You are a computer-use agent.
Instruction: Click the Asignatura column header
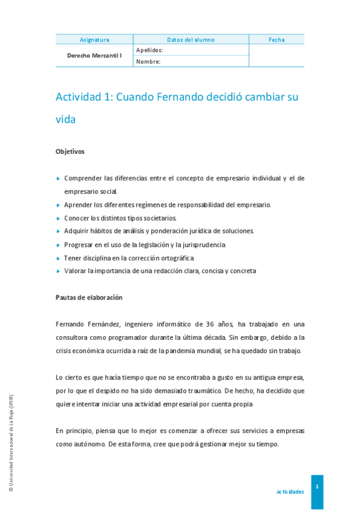click(94, 40)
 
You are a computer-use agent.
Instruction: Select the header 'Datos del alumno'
click(191, 40)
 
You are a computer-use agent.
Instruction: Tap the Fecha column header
click(276, 40)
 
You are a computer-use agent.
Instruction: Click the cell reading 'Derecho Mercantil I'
click(94, 55)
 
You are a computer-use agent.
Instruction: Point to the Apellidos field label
click(150, 51)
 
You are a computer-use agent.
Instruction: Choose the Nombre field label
click(148, 61)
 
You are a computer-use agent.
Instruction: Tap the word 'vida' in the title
click(66, 119)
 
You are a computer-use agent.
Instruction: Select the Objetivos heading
click(70, 152)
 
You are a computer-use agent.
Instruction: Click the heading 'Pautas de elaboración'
click(89, 297)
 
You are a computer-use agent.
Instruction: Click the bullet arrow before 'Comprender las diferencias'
click(58, 179)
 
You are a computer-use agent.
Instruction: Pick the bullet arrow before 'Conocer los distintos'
click(58, 218)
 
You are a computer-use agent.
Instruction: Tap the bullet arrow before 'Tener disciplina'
click(58, 258)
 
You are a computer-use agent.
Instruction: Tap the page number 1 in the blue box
click(317, 485)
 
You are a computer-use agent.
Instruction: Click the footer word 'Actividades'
click(290, 492)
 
